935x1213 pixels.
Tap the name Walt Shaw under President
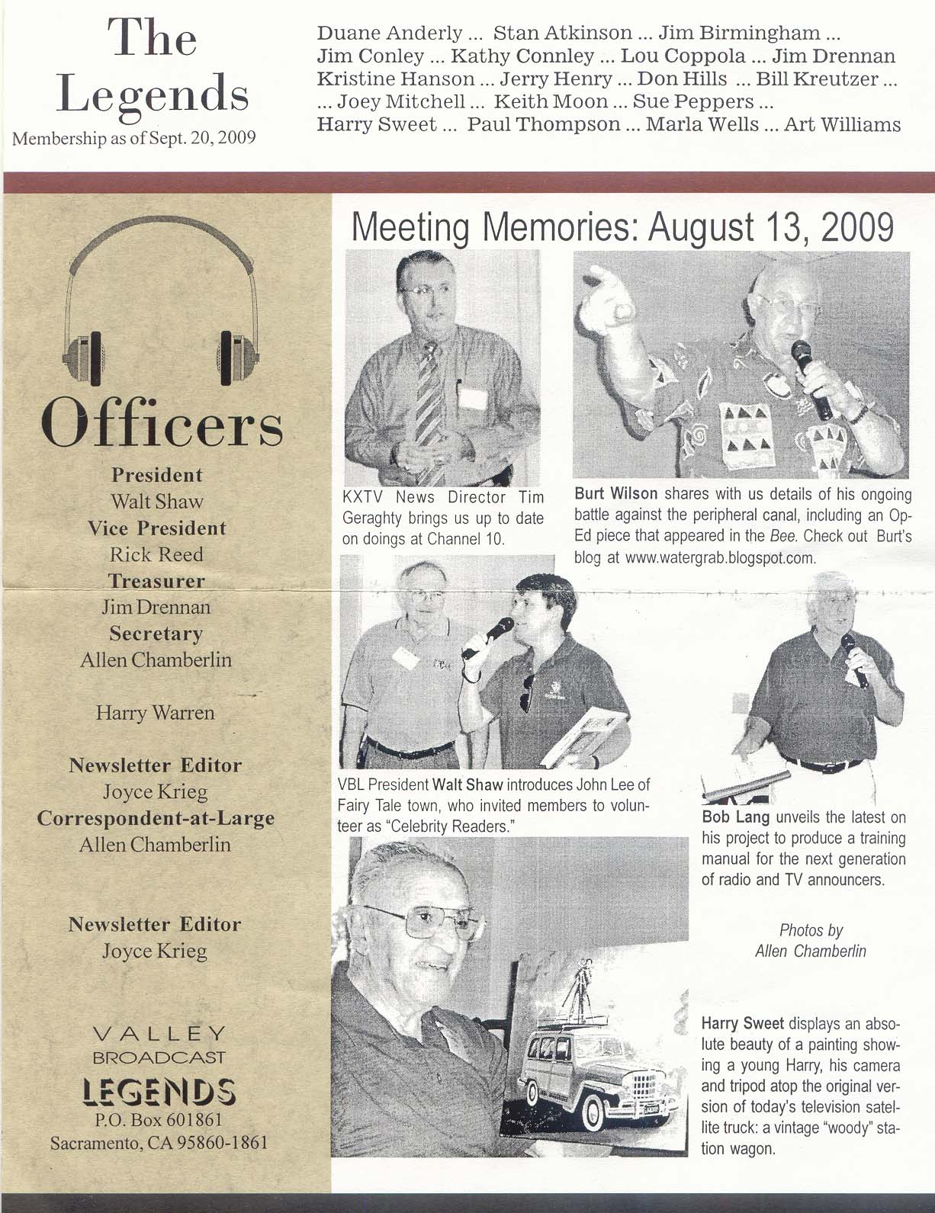click(x=156, y=502)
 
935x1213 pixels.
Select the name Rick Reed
click(x=156, y=554)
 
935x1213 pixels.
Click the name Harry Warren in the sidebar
click(x=155, y=713)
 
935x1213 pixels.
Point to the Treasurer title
click(x=156, y=581)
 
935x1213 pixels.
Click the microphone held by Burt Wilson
click(x=811, y=378)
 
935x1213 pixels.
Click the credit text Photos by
click(x=811, y=930)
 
